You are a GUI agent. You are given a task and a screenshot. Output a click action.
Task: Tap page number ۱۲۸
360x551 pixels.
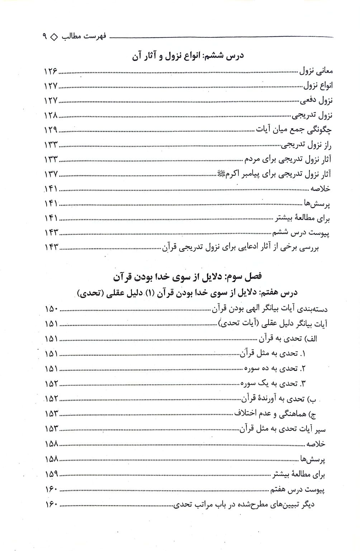click(x=51, y=115)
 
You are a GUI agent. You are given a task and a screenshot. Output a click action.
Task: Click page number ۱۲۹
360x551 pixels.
click(x=51, y=130)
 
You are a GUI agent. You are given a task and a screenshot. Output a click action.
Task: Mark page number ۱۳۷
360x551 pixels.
click(x=51, y=174)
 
